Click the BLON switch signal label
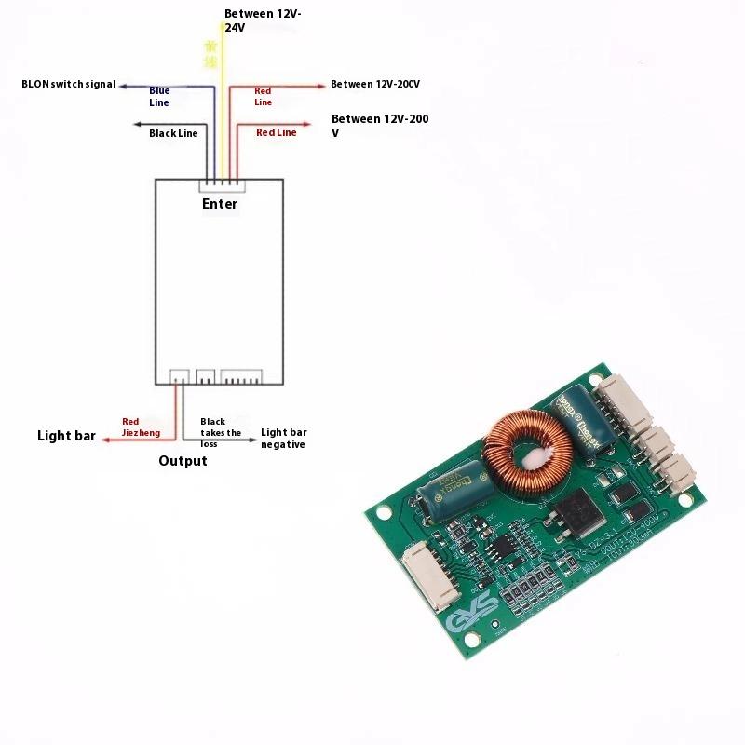tap(69, 84)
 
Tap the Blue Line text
tap(159, 96)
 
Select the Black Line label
tap(173, 133)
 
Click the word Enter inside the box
tap(220, 204)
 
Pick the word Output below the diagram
tap(183, 461)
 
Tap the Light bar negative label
tap(284, 439)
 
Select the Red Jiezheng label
tap(141, 427)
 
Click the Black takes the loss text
tap(221, 433)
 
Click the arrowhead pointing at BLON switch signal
tap(122, 84)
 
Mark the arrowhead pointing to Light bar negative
tap(253, 439)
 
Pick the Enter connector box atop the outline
tap(220, 186)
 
